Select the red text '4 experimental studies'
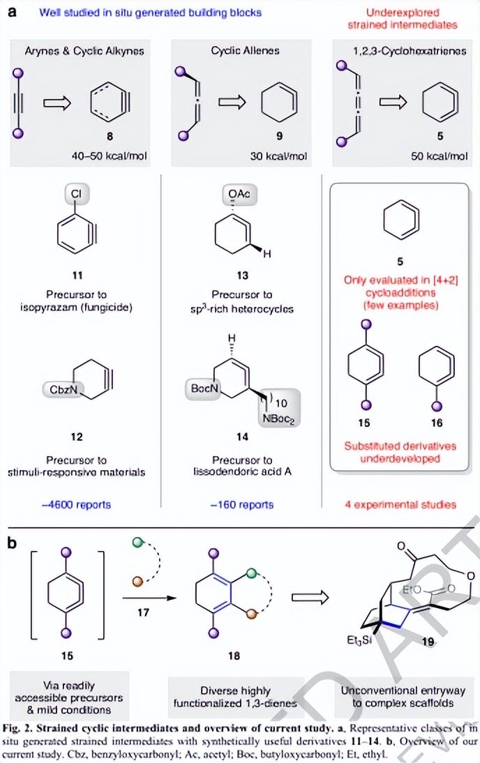[400, 504]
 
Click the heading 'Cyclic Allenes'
[240, 51]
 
